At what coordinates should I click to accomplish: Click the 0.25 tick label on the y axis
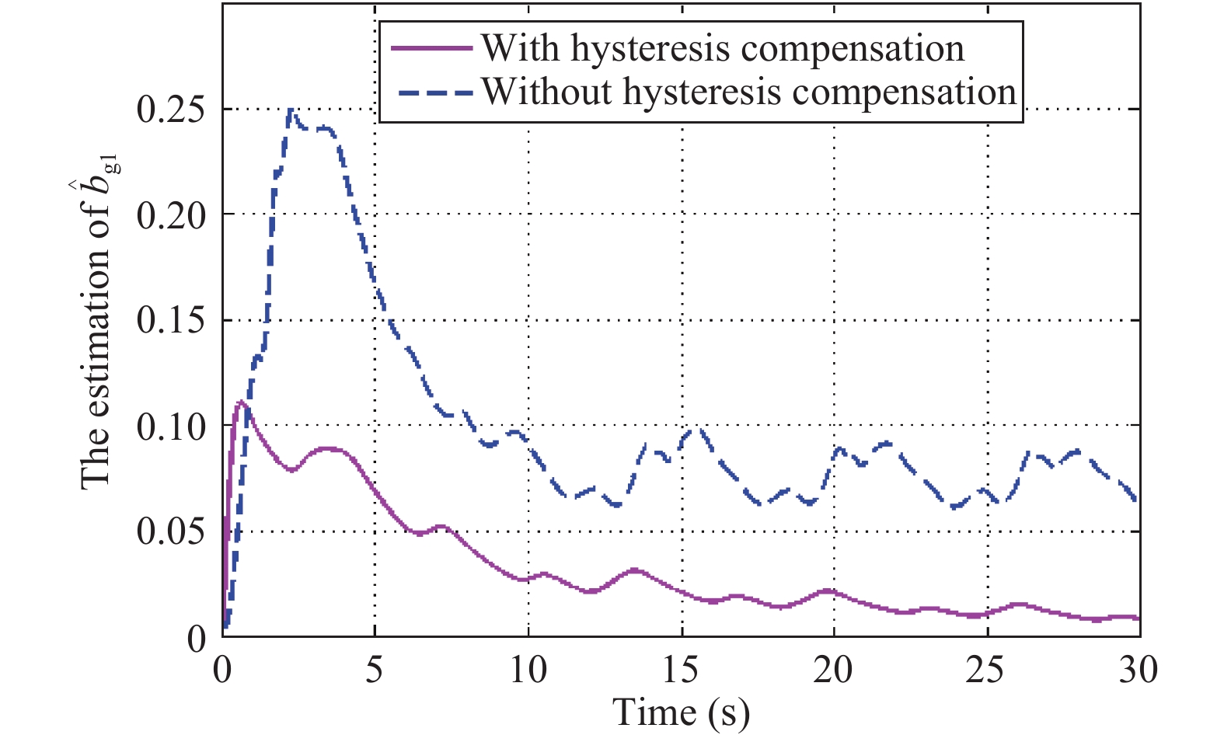tap(171, 110)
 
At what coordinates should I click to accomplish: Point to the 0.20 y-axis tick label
tap(171, 214)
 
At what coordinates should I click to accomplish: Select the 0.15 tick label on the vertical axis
tap(171, 320)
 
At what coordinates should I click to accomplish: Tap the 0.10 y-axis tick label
tap(171, 426)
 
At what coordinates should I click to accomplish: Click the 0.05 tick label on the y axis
tap(171, 531)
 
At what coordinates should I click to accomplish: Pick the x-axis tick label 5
tap(375, 669)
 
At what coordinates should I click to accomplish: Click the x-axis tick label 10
tap(528, 669)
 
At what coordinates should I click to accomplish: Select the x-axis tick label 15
tap(681, 669)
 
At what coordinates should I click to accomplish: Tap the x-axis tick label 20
tap(834, 669)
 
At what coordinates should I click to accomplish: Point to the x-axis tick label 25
tap(987, 669)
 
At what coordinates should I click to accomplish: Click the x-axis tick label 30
tap(1139, 669)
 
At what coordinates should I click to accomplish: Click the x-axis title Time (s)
tap(682, 712)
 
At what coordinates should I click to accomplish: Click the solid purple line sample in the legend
tap(432, 48)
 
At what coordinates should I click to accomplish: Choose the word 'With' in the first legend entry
tap(520, 48)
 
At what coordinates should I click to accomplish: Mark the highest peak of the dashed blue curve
tap(291, 110)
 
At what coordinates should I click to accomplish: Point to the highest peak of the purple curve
tap(242, 402)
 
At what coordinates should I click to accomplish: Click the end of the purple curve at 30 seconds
tap(1138, 618)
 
